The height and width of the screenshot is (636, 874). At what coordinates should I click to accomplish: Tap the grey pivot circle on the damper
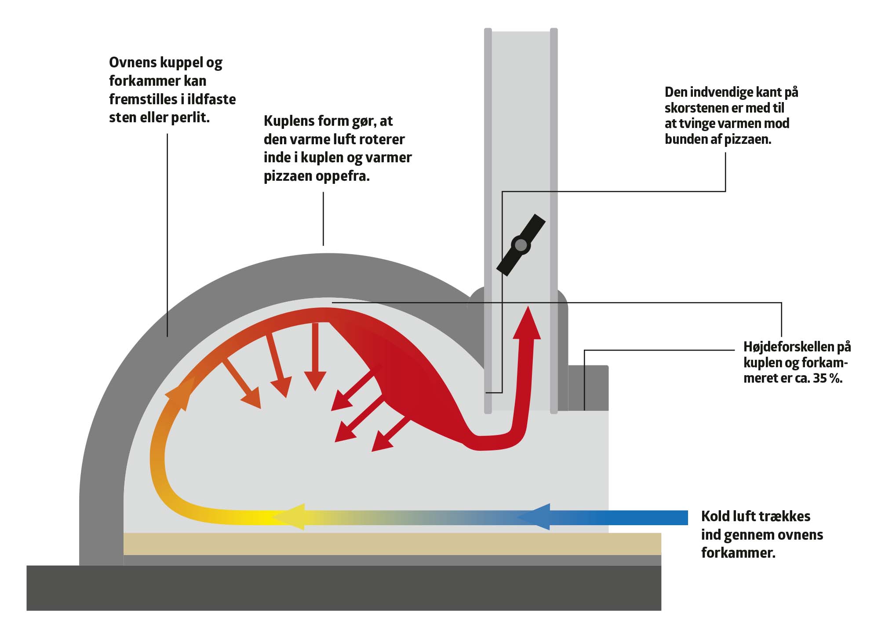521,245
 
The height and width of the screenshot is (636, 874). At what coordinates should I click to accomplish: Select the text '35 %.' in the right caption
828,378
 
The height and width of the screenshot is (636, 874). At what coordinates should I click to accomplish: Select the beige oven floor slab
391,544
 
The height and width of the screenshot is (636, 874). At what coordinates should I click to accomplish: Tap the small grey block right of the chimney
588,387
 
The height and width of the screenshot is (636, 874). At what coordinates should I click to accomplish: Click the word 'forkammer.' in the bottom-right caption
738,553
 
